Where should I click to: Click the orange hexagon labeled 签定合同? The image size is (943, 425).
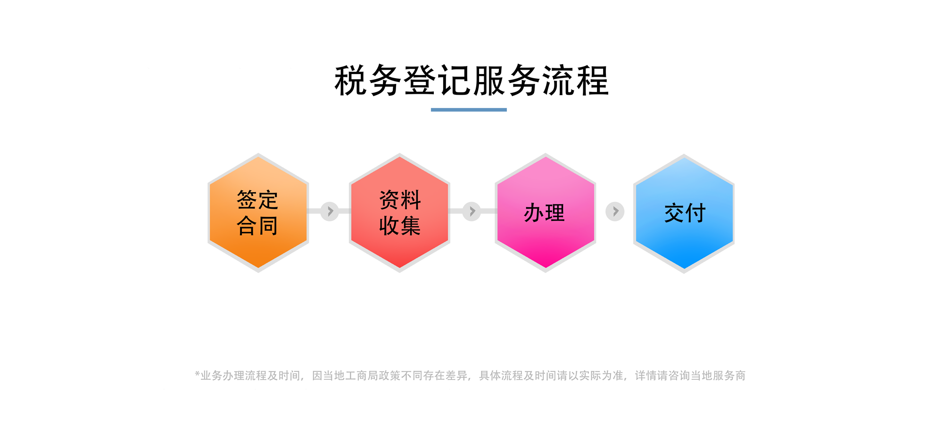258,212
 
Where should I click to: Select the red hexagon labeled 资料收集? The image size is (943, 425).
399,212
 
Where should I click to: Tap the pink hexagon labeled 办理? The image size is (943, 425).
546,212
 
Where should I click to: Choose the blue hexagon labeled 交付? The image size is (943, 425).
684,213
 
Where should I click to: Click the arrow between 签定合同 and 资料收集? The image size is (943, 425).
330,211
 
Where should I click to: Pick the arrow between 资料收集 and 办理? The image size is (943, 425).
472,211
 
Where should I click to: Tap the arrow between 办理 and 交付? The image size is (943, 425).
615,212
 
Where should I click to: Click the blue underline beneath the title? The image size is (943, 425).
469,110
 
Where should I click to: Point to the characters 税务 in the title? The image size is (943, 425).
368,81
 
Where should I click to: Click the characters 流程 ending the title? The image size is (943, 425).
575,81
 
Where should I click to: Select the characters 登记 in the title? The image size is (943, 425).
437,81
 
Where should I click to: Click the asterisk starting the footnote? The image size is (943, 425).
198,374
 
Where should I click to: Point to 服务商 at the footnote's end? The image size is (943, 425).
729,376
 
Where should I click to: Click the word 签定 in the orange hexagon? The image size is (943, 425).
257,200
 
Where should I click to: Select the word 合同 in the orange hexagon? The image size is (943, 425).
257,225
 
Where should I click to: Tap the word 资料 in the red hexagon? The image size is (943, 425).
400,200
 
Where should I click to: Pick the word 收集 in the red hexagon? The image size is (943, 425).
400,225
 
